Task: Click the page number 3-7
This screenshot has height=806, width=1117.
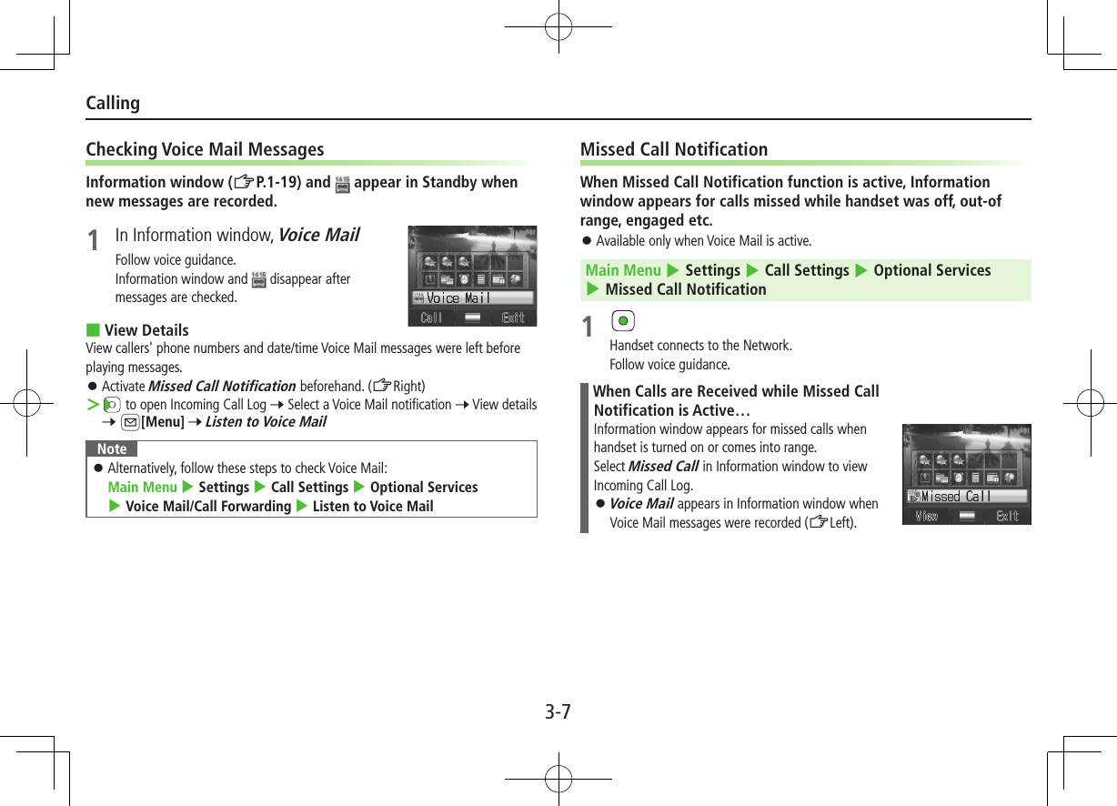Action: [558, 711]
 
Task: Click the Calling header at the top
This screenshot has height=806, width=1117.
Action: [113, 103]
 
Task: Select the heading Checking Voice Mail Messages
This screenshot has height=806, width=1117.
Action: [205, 149]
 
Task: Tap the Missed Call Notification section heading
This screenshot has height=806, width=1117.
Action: [673, 149]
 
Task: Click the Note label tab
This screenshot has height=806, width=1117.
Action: [112, 449]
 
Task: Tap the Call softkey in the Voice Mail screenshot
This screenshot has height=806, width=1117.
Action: [431, 317]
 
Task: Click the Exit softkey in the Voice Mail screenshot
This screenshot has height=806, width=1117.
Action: [513, 317]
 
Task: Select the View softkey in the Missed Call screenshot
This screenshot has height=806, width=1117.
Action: [926, 516]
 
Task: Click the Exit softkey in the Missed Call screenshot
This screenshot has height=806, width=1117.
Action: [1007, 516]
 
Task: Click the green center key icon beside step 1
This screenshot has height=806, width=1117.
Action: [623, 322]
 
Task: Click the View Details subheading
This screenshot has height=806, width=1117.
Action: [146, 330]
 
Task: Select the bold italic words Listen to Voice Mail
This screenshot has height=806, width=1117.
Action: [266, 422]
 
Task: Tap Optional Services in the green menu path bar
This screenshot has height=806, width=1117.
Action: [931, 270]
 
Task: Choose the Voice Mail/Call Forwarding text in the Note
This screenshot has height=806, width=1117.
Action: [208, 506]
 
